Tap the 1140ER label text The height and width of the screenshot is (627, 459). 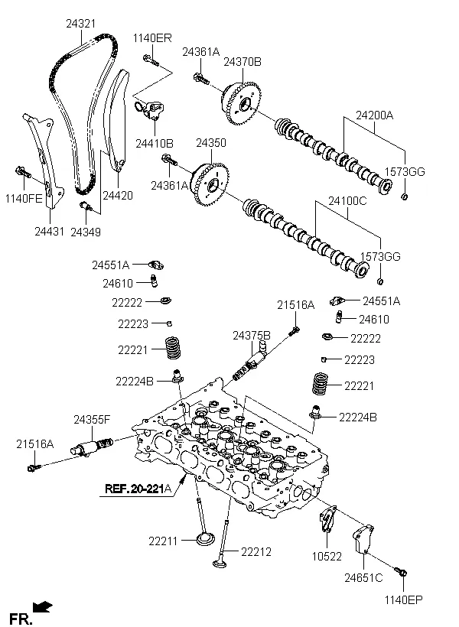(x=152, y=38)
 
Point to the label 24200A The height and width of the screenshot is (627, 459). (x=374, y=115)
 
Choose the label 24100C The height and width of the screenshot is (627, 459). (x=347, y=202)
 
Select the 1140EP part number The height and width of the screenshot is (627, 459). (x=403, y=599)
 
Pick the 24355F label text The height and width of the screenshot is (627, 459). (x=92, y=419)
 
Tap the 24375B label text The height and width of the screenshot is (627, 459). (x=252, y=335)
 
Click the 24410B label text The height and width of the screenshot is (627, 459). (x=155, y=143)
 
